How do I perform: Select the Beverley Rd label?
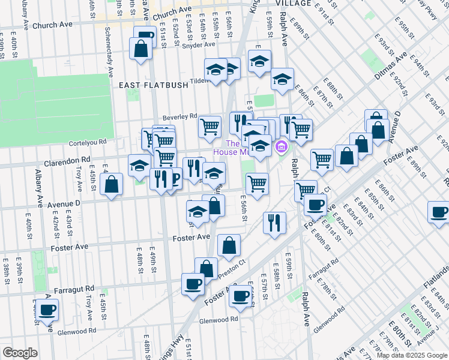tap(179, 116)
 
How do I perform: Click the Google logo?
tap(20, 353)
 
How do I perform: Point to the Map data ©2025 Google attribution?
tap(412, 355)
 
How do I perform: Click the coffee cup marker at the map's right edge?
tap(439, 212)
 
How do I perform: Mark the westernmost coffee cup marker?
tap(47, 309)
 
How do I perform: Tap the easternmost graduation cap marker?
tap(282, 79)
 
